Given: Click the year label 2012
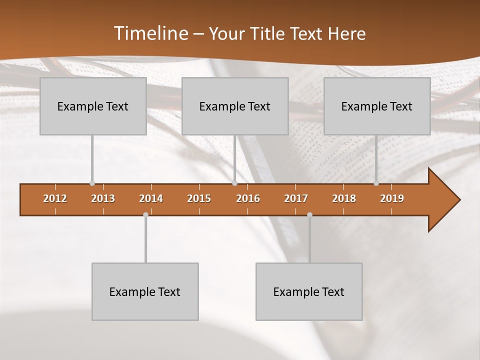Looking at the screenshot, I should click(55, 198).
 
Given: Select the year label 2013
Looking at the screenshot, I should click(103, 198).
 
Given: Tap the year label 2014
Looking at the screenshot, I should click(151, 198).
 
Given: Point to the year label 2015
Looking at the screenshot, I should click(199, 198).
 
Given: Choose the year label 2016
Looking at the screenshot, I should click(248, 198).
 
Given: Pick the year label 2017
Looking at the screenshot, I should click(296, 198).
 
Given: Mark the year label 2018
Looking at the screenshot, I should click(344, 198).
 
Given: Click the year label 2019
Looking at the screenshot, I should click(392, 198).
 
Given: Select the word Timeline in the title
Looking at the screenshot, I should click(150, 33).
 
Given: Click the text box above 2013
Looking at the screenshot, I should click(93, 106).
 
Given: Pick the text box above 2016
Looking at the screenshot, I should click(235, 106).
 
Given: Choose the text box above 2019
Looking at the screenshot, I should click(377, 106).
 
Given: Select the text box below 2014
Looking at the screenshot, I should click(145, 291).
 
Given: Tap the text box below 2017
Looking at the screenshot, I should click(309, 291).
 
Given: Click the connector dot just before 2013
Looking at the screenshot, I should click(92, 183).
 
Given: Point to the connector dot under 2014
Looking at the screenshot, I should click(145, 215).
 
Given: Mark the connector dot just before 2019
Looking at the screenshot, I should click(376, 183).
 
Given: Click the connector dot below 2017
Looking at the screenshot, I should click(309, 215).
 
